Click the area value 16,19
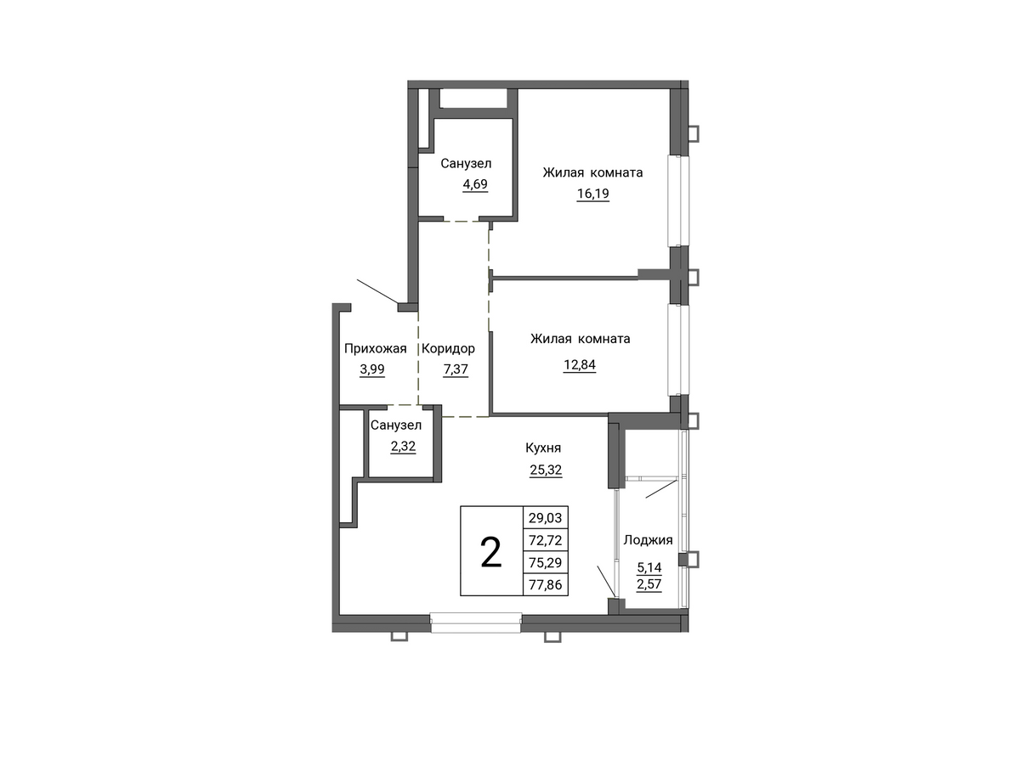tap(592, 194)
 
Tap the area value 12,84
tap(580, 364)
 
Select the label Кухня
tap(543, 448)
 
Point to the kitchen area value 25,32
tap(546, 470)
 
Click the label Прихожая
tap(375, 349)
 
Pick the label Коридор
tap(448, 349)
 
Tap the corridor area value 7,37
tap(456, 369)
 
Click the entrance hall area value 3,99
tap(372, 369)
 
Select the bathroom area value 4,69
tap(475, 184)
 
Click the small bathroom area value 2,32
tap(403, 447)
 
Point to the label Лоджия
tap(648, 541)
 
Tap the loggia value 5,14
tap(649, 568)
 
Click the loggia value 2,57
tap(649, 584)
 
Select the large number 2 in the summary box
tap(491, 553)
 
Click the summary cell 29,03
tap(545, 518)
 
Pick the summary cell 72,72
tap(545, 541)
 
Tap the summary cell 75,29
tap(545, 562)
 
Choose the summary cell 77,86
tap(545, 584)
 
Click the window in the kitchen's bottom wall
tap(476, 622)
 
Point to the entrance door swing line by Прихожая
tap(378, 291)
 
